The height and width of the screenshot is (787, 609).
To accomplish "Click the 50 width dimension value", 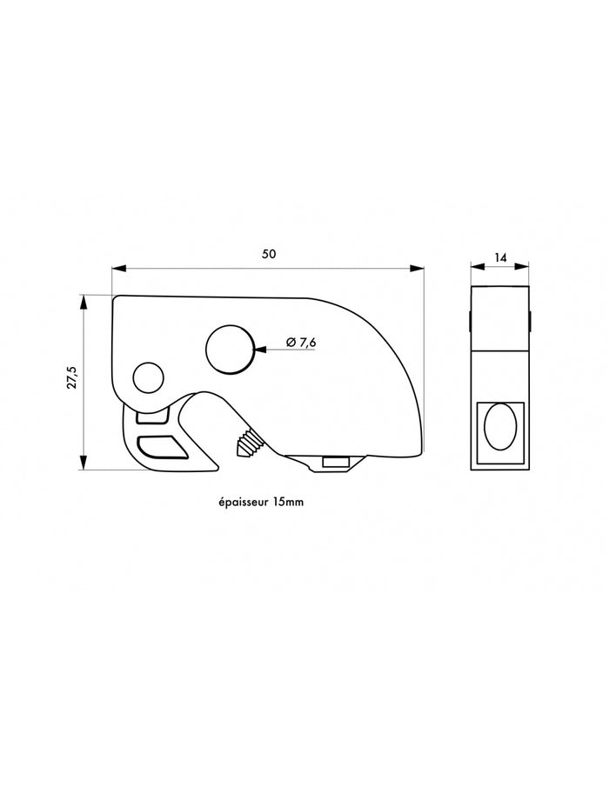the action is tap(269, 254).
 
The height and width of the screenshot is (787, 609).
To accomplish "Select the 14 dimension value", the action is tap(500, 257).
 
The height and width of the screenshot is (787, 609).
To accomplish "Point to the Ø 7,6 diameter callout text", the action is tap(301, 343).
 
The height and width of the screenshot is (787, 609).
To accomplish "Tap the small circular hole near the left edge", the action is tap(148, 378).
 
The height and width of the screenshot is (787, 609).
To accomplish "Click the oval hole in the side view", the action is tap(500, 426).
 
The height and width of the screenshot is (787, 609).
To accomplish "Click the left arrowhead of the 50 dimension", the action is tap(119, 269).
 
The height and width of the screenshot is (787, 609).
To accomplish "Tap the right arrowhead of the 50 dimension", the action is tap(417, 269).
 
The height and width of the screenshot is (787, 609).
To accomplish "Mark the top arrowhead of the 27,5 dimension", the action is tap(84, 303).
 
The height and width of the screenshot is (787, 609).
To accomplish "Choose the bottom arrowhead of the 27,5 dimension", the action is tap(84, 462).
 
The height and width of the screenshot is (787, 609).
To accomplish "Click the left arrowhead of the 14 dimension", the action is tap(478, 267).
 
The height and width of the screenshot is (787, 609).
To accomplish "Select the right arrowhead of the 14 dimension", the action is tap(522, 267).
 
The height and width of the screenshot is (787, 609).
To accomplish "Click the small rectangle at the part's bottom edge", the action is tap(336, 462).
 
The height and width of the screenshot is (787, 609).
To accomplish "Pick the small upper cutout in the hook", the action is tap(152, 416).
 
